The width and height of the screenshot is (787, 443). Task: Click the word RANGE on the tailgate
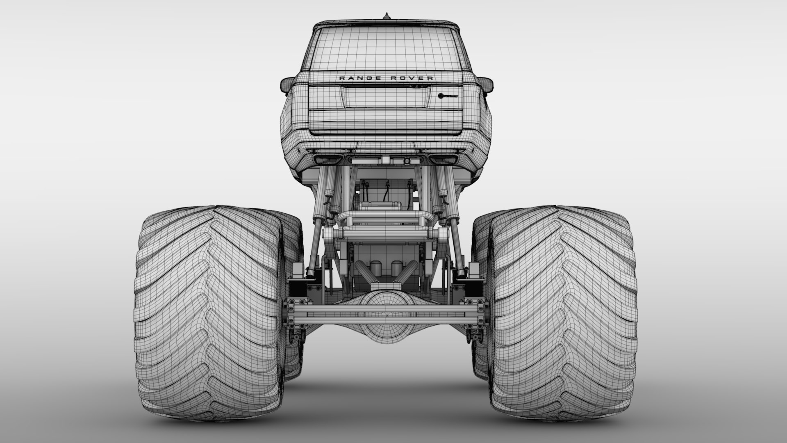(355, 78)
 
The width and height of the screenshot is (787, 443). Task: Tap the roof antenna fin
(385, 17)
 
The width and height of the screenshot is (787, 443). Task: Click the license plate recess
(385, 98)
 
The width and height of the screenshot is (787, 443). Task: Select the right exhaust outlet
(443, 159)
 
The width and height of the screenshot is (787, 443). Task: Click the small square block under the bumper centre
(386, 160)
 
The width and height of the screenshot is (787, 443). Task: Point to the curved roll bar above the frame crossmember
(385, 216)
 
